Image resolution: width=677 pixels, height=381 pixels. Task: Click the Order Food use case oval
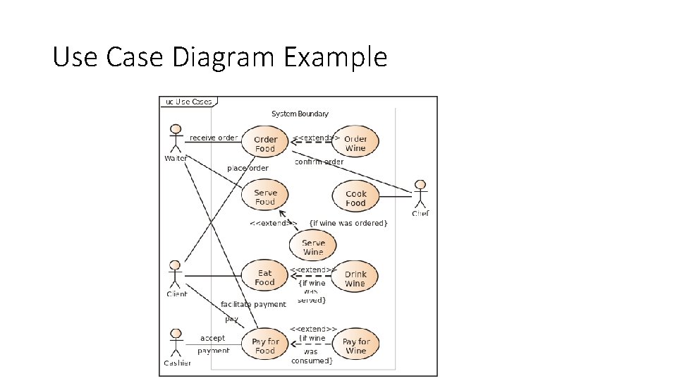tap(265, 144)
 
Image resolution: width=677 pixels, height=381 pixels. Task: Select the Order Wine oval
tap(355, 143)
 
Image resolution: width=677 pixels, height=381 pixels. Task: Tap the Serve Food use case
tap(265, 197)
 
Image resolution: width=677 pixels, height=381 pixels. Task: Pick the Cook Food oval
tap(356, 198)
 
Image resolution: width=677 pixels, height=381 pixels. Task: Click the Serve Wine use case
tap(313, 247)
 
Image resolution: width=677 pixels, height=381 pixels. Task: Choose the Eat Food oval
tap(264, 278)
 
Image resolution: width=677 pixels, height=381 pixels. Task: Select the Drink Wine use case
tap(355, 279)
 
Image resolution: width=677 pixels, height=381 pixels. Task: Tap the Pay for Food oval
tap(265, 346)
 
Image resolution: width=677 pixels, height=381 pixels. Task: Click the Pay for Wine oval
tap(356, 346)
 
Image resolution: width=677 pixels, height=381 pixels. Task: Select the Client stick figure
tap(176, 274)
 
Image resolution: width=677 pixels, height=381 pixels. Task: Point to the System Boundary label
tap(300, 114)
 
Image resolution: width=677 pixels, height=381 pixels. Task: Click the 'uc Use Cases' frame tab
tap(188, 102)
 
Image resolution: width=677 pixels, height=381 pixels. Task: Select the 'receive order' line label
tap(214, 138)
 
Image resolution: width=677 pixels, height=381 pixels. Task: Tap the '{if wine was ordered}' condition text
tap(348, 223)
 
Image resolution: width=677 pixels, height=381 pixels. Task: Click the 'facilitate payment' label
tap(253, 304)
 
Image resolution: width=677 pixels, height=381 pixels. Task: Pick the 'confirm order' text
tap(319, 162)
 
